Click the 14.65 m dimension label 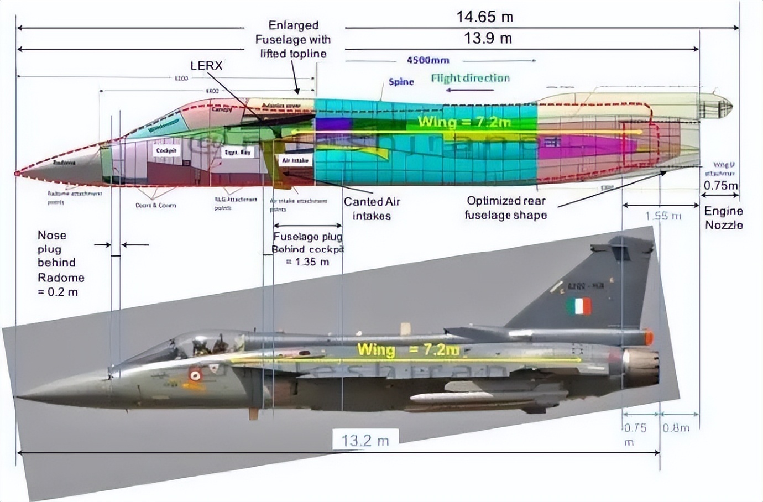coord(484,17)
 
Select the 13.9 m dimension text coord(488,38)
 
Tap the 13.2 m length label coord(365,441)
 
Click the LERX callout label coord(206,66)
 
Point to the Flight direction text coord(470,79)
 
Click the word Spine coord(401,82)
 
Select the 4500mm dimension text coord(427,60)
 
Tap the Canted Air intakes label coord(372,209)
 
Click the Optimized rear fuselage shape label coord(506,208)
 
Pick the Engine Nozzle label coord(723,218)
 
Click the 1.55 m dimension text coord(663,216)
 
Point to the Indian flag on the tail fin coord(578,306)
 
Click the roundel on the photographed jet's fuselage coord(195,374)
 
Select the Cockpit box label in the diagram coord(166,151)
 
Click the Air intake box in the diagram coord(295,160)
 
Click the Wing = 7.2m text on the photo coord(407,350)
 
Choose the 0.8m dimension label coord(676,427)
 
